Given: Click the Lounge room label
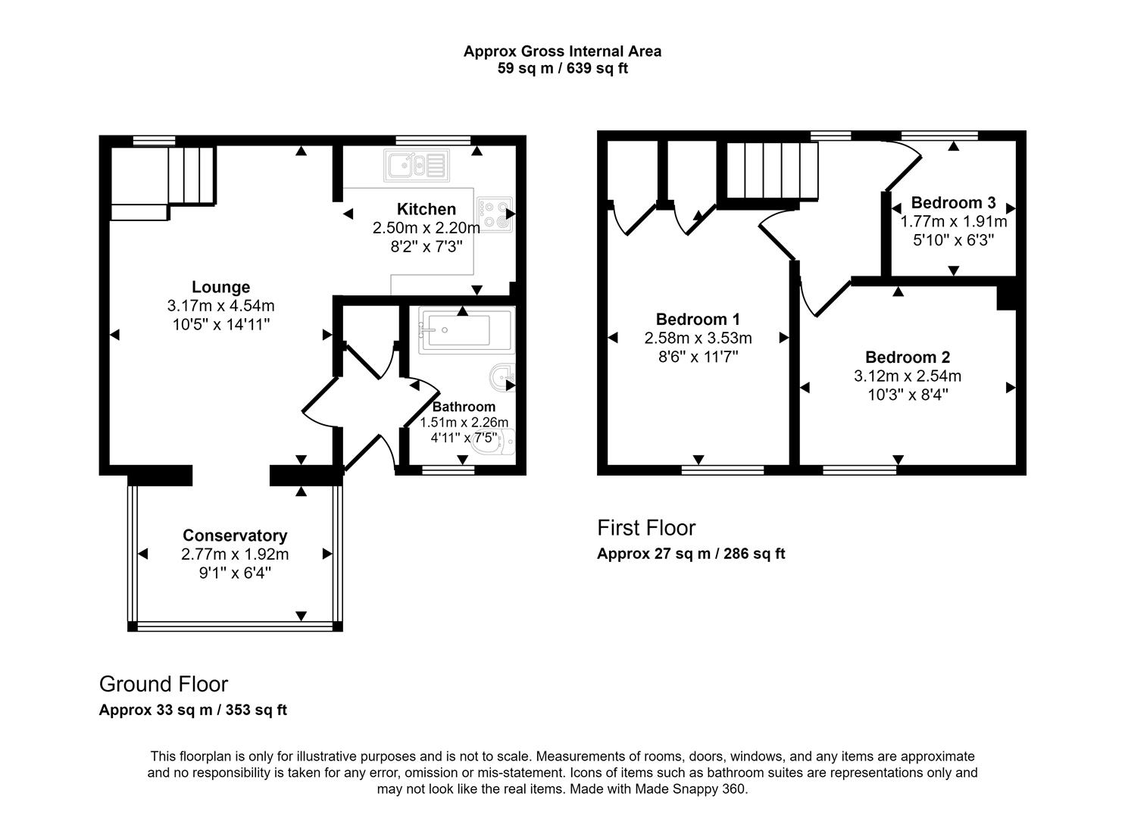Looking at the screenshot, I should click(x=220, y=287).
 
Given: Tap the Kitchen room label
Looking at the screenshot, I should click(x=427, y=209).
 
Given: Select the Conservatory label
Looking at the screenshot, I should click(x=235, y=535).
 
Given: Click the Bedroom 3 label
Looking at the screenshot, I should click(x=953, y=202).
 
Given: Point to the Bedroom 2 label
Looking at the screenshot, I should click(x=908, y=357).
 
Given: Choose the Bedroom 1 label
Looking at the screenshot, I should click(x=698, y=319).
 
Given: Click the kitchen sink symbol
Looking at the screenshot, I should click(x=417, y=164).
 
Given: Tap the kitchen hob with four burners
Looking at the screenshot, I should click(x=493, y=213).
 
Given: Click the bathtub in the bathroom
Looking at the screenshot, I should click(x=465, y=330).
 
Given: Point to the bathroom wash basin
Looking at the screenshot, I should click(x=502, y=376).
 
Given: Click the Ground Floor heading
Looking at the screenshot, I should click(x=164, y=684).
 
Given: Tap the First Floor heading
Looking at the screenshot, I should click(x=646, y=527).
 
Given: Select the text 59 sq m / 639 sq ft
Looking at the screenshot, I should click(x=562, y=68).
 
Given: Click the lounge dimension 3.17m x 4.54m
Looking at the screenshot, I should click(x=220, y=306).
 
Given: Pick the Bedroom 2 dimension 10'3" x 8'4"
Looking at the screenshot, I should click(x=908, y=395).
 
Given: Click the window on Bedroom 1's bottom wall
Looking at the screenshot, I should click(x=722, y=470).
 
